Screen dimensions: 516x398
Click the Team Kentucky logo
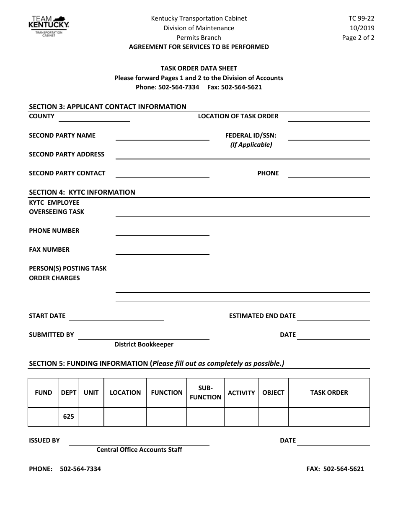[48, 26]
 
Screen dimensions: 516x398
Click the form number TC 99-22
[362, 18]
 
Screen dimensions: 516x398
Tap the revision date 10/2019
[362, 28]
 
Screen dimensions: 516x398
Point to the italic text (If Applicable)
[251, 145]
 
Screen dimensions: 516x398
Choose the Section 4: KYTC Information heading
[82, 192]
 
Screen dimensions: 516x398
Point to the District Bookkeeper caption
[144, 344]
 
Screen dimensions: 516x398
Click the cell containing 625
[68, 417]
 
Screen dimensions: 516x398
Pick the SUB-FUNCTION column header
[205, 393]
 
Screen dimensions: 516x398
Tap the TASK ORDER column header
[329, 393]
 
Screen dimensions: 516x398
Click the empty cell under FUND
[43, 417]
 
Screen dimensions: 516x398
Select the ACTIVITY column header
[241, 393]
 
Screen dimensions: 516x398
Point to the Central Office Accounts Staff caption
[139, 450]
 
